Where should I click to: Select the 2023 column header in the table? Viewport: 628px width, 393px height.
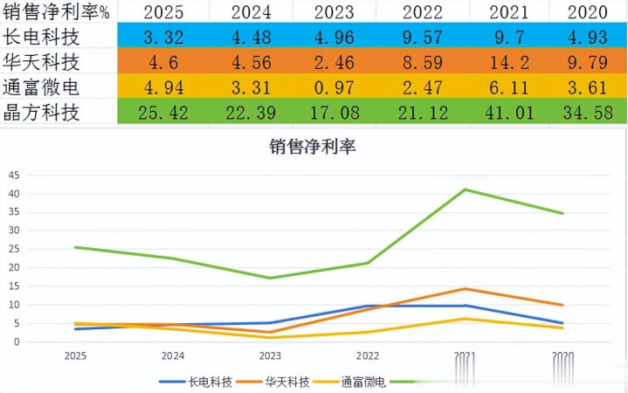(x=334, y=12)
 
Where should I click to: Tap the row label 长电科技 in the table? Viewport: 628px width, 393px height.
(x=41, y=37)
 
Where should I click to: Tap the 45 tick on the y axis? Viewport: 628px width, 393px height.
(x=13, y=176)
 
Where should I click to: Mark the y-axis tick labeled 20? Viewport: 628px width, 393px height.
(x=13, y=268)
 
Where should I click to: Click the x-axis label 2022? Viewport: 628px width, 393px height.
(x=368, y=356)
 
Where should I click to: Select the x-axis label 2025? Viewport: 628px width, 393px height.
(x=76, y=356)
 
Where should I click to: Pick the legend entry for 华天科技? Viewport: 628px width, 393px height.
(x=277, y=382)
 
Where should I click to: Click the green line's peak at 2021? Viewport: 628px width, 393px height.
(x=466, y=190)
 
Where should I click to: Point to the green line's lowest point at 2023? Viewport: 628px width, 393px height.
(x=271, y=279)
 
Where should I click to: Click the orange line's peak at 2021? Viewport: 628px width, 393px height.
(x=466, y=289)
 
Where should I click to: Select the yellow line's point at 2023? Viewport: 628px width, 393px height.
(x=271, y=338)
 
